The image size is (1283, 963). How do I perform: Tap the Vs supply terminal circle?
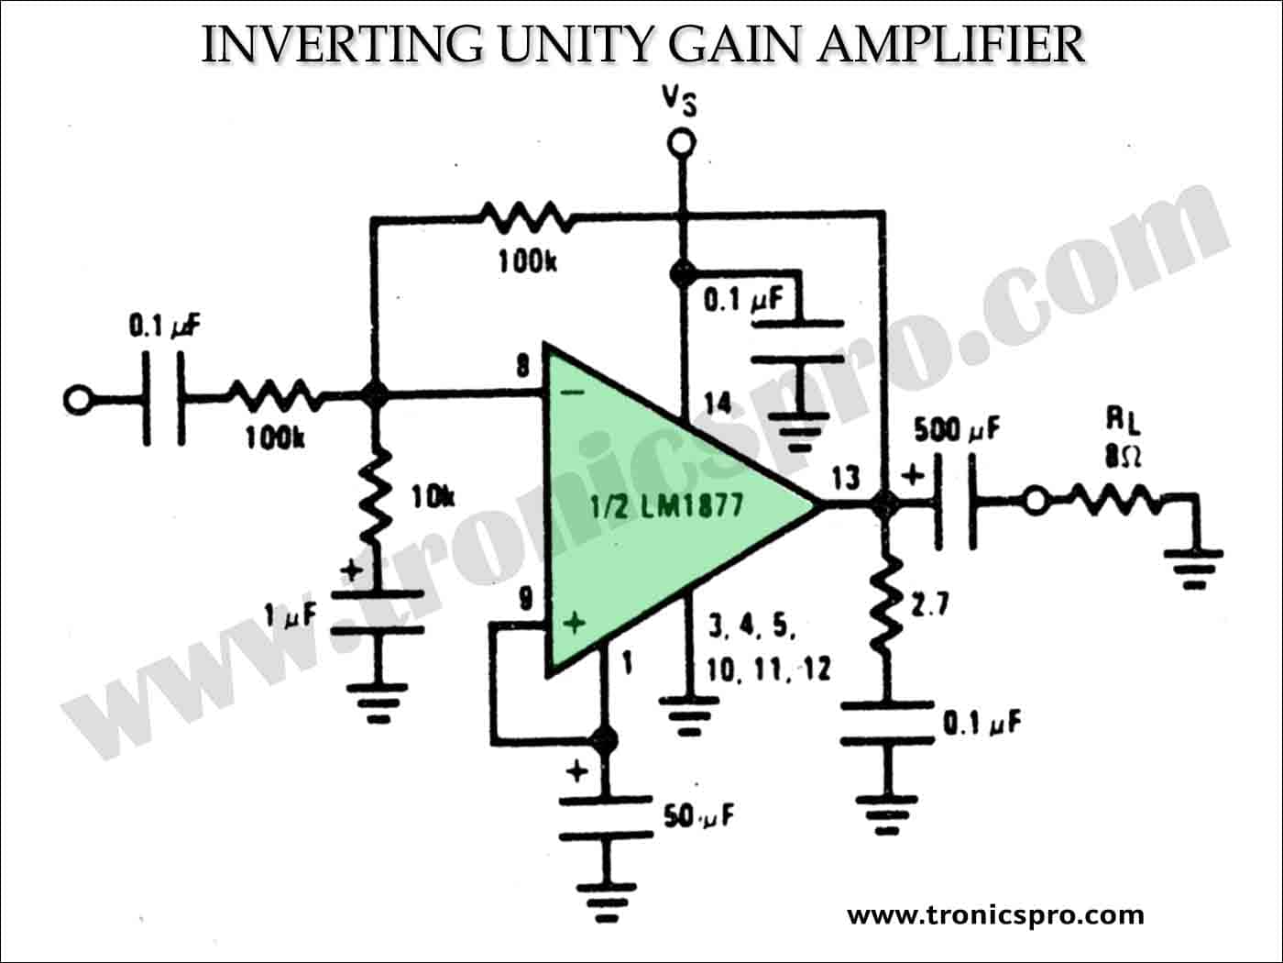(x=680, y=143)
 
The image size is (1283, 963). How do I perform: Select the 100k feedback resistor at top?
(x=525, y=218)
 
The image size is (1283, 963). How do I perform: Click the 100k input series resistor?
(x=275, y=398)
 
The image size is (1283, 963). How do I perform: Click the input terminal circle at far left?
(x=77, y=399)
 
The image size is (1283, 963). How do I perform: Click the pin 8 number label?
(x=522, y=367)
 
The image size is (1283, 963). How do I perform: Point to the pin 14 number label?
(x=718, y=403)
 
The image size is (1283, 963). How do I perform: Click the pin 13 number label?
(x=846, y=478)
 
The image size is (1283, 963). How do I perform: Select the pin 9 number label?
(x=525, y=600)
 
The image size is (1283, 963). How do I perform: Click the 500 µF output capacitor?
(x=956, y=503)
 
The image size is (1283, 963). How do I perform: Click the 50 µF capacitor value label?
(x=699, y=815)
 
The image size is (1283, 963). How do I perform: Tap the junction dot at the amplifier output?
(x=883, y=503)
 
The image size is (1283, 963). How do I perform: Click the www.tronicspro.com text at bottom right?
(x=995, y=915)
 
